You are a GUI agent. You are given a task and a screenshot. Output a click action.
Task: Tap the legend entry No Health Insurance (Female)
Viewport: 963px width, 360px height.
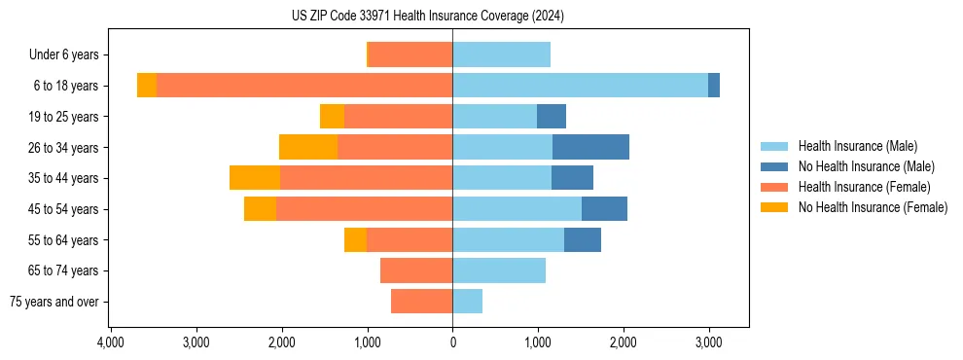[x=873, y=207]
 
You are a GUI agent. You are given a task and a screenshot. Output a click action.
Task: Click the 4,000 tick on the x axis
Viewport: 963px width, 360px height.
[x=111, y=342]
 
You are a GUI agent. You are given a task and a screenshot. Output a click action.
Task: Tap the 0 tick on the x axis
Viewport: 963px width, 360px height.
[x=452, y=342]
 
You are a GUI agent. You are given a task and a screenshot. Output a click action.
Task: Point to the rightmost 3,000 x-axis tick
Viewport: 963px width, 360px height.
[x=708, y=342]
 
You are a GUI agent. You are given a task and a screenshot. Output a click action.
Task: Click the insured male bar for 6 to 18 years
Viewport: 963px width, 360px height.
[x=580, y=86]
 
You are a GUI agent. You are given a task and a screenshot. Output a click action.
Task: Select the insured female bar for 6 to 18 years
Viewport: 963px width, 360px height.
[x=304, y=86]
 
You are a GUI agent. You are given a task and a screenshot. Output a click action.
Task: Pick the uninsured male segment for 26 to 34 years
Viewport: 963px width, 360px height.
[x=590, y=147]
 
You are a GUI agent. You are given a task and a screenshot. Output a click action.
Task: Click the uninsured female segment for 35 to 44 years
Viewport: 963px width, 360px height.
[x=255, y=178]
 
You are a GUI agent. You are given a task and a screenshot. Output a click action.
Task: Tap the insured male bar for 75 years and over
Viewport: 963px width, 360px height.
[x=467, y=302]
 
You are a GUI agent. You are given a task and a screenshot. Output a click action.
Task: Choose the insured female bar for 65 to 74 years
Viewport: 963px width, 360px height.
[x=416, y=270]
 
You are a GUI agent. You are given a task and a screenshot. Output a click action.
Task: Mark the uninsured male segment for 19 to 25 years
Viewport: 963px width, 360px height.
[x=552, y=117]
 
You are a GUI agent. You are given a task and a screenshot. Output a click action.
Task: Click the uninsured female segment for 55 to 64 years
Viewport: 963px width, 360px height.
[x=355, y=239]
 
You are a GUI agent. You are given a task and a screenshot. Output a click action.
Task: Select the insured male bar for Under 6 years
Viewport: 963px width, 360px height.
[x=501, y=55]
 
